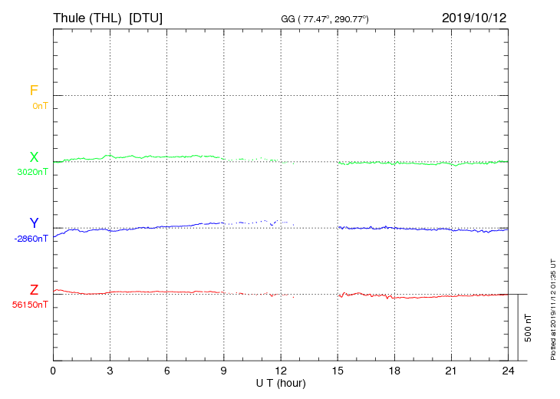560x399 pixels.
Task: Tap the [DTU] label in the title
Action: click(146, 17)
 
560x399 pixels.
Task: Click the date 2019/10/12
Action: click(474, 17)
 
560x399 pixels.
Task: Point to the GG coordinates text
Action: click(325, 18)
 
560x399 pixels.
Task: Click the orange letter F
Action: click(34, 91)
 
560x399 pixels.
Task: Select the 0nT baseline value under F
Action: click(40, 106)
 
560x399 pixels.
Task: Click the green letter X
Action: click(34, 157)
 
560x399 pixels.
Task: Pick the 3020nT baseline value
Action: click(32, 172)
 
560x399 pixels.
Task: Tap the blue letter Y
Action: click(34, 223)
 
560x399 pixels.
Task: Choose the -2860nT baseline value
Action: click(31, 239)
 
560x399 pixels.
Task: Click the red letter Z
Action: click(34, 289)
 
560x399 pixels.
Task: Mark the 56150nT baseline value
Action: click(30, 305)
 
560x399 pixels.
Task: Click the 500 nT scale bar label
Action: click(528, 328)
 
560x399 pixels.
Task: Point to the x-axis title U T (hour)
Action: click(281, 382)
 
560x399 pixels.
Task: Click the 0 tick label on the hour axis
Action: click(53, 371)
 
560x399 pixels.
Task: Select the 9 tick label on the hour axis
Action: click(224, 371)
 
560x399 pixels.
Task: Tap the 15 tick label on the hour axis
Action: click(338, 371)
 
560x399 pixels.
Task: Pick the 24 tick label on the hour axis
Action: click(508, 371)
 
